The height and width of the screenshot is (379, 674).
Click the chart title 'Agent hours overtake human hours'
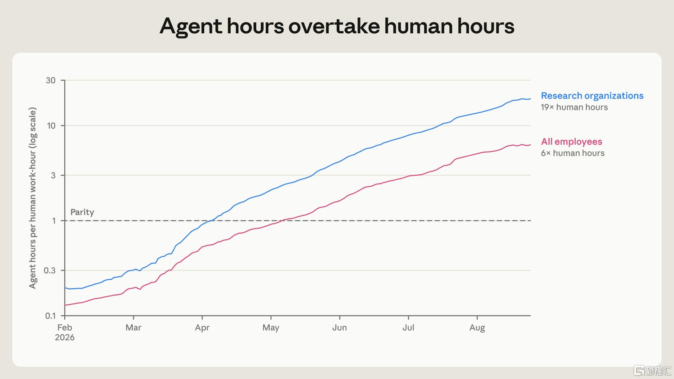337,26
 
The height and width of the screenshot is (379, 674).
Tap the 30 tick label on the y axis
51,80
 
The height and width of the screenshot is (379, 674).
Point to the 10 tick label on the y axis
51,126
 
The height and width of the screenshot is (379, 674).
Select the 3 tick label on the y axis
53,175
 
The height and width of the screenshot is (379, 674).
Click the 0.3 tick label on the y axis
50,270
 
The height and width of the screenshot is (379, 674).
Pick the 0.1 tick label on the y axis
50,316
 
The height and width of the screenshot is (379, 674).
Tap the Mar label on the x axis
133,327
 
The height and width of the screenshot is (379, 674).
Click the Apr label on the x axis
202,328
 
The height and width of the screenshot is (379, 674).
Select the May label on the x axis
271,328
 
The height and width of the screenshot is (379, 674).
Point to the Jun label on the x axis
339,327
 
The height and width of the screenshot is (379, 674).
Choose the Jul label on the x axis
408,327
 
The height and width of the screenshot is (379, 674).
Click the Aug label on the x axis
477,328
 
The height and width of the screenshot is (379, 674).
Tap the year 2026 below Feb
65,337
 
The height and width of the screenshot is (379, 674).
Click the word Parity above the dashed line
82,212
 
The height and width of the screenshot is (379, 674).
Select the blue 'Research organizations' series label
592,96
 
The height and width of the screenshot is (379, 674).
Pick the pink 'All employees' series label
571,142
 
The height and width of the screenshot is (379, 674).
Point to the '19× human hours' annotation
574,107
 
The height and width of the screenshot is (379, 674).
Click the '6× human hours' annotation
573,153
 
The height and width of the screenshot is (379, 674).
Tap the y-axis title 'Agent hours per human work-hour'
33,198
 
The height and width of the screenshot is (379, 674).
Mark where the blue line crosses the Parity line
209,221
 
